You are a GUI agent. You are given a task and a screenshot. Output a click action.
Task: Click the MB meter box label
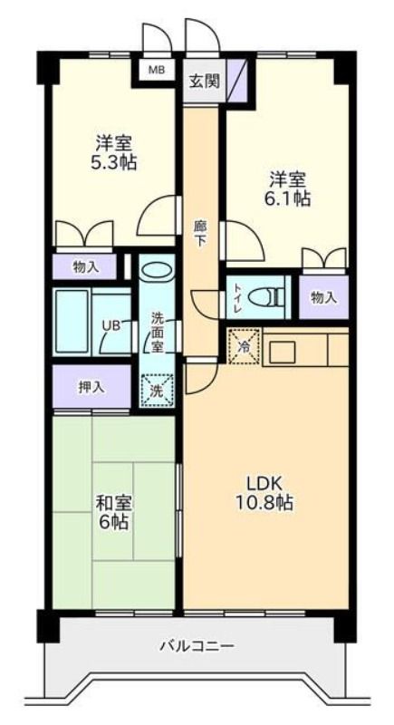(x=155, y=71)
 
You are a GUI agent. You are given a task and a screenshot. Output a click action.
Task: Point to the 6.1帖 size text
(x=289, y=198)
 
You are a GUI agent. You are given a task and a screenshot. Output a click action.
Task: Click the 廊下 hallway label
(x=200, y=234)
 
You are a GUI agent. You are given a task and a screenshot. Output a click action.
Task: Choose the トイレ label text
(x=236, y=298)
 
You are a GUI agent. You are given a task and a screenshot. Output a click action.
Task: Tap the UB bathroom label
(x=111, y=325)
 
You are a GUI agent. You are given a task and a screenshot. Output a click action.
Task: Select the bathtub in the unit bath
(x=72, y=322)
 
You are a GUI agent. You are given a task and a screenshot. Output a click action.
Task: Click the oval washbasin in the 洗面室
(x=157, y=270)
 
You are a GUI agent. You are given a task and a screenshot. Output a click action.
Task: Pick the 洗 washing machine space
(x=158, y=391)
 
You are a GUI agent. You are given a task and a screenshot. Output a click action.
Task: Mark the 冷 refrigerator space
(x=244, y=346)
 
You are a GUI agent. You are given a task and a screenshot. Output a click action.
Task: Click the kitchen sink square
(x=283, y=353)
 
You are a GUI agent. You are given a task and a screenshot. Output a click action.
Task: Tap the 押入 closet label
(x=91, y=388)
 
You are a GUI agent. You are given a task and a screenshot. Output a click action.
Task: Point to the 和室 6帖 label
(x=112, y=512)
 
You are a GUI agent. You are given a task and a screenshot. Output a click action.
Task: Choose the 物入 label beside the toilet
(x=322, y=298)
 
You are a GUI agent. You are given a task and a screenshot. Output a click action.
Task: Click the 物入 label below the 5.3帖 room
(x=84, y=267)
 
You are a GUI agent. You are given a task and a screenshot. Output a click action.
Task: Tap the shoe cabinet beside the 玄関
(x=236, y=81)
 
